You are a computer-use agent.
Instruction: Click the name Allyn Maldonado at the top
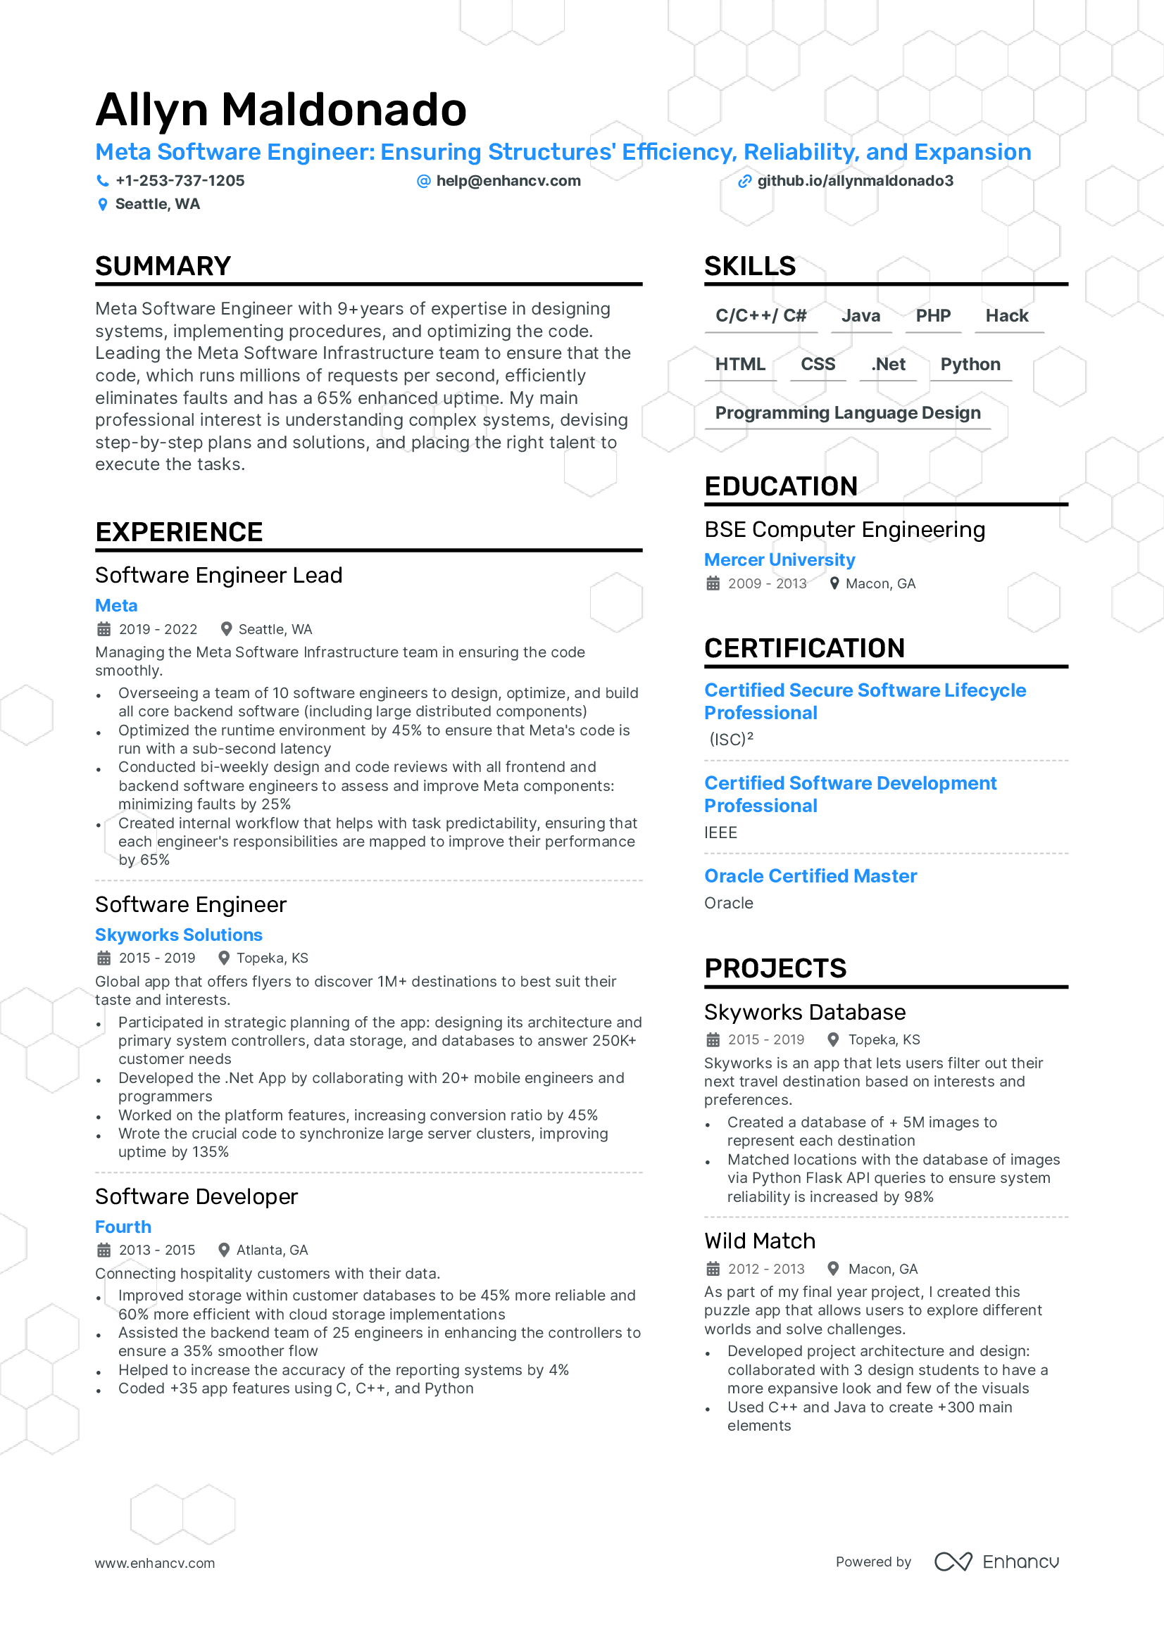point(280,110)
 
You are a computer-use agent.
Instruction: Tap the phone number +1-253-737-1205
point(180,181)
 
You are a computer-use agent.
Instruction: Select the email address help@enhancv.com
point(508,181)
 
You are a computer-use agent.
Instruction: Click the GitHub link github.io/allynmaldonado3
point(855,181)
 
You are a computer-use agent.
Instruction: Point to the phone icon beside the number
point(103,181)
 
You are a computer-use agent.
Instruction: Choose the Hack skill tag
point(1006,315)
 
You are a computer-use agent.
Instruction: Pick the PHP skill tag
point(932,315)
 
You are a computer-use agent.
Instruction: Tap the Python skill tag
point(970,365)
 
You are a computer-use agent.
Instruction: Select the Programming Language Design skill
point(848,413)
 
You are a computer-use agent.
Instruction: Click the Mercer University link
point(779,560)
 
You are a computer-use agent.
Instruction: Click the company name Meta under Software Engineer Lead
point(116,606)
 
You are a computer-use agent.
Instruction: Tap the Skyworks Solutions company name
point(179,935)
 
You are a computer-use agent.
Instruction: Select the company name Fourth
point(123,1227)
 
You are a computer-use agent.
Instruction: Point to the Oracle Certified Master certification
point(811,876)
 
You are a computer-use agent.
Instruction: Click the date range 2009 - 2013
point(767,583)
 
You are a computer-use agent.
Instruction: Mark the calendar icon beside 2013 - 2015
point(104,1250)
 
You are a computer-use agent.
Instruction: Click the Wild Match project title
point(760,1241)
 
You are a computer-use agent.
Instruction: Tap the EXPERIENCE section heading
point(180,532)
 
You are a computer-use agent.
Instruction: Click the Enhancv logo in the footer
point(996,1562)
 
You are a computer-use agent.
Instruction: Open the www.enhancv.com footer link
point(155,1563)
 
